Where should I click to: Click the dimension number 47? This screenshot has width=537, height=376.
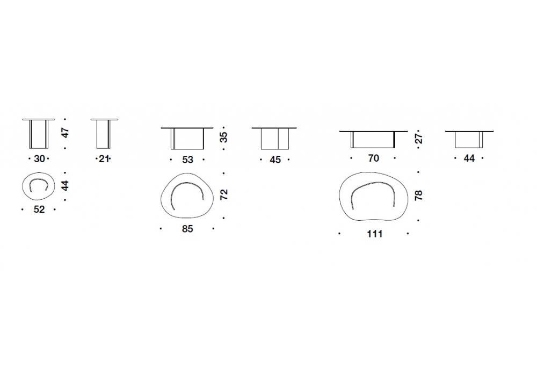tap(65, 133)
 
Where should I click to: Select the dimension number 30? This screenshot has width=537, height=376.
tap(39, 159)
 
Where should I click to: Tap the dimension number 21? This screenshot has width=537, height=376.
tap(104, 159)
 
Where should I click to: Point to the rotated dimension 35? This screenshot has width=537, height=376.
tap(223, 138)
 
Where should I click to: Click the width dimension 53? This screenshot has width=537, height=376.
tap(187, 160)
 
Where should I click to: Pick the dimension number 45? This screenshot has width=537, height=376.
tap(275, 160)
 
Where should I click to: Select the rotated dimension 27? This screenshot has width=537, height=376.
tap(418, 139)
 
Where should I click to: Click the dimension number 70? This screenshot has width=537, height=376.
tap(374, 158)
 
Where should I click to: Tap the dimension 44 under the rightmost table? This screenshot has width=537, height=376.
tap(469, 158)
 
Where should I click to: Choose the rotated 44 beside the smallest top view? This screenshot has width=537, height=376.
tap(65, 185)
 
